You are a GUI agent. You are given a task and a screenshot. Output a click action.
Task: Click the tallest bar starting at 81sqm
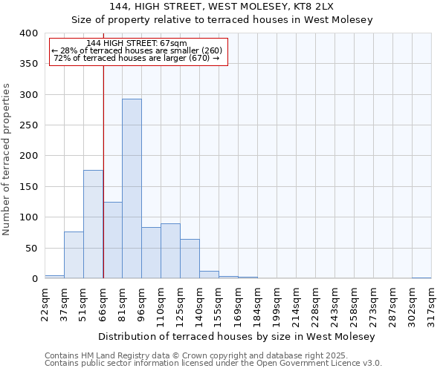[x=132, y=188]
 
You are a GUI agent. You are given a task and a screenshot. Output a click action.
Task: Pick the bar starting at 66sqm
[x=112, y=240]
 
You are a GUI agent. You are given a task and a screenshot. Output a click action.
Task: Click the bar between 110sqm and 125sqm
[x=170, y=251]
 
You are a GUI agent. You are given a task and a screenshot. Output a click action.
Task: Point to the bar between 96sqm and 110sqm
[x=151, y=252]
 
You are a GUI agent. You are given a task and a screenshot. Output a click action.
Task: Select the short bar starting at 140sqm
[x=209, y=275]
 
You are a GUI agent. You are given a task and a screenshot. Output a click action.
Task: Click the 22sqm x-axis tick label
[x=45, y=303]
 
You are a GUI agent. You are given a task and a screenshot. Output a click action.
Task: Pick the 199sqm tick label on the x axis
[x=277, y=303]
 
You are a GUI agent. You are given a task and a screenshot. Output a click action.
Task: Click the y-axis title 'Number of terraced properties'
[x=7, y=159]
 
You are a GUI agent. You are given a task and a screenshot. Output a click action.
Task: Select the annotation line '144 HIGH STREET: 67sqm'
[x=137, y=44]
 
